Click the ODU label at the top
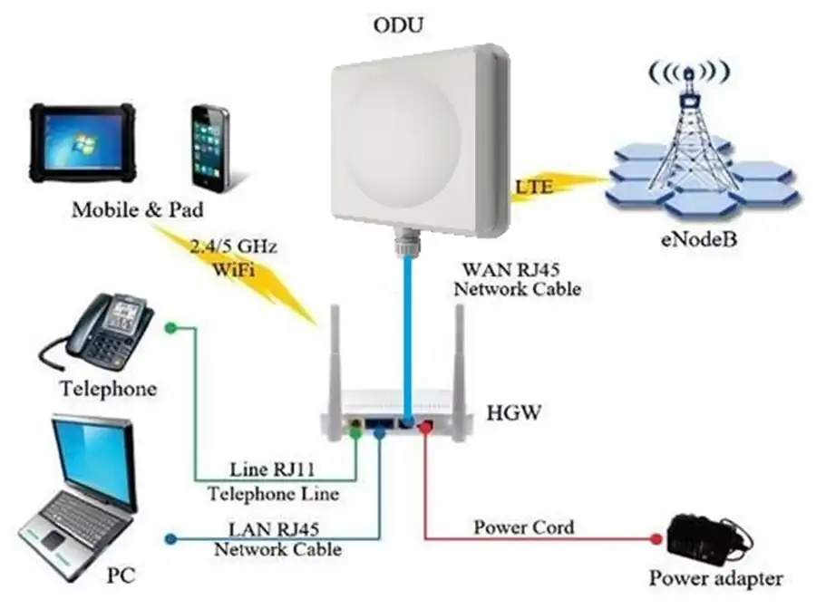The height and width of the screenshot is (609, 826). [397, 24]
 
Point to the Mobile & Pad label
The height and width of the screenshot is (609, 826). [137, 211]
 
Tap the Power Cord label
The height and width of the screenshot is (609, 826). [524, 527]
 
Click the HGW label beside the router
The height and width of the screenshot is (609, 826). [513, 414]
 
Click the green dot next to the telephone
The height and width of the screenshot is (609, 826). [168, 328]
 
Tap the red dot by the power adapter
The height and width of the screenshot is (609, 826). [657, 540]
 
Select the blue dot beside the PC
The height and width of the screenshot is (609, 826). [169, 541]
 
